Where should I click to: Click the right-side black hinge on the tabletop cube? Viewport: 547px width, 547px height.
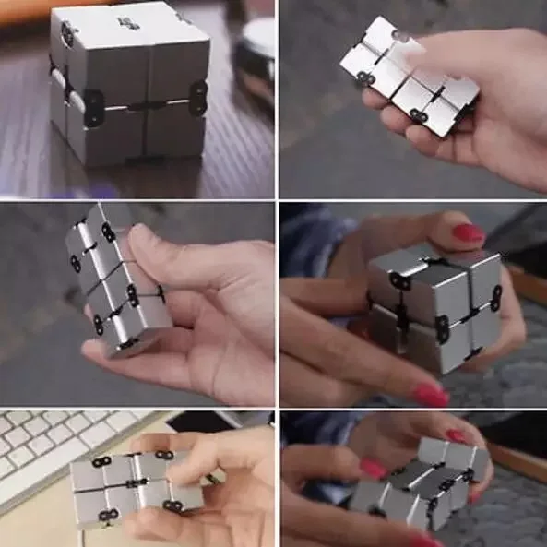(197, 98)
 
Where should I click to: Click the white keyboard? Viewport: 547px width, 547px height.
(46, 452)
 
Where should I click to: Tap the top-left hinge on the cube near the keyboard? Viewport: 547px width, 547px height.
(101, 461)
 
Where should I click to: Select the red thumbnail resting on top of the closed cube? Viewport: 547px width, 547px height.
(468, 232)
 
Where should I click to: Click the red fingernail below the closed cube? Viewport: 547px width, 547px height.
(430, 395)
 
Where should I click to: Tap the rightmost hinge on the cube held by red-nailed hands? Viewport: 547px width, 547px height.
(495, 297)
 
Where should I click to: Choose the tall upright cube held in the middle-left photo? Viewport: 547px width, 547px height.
(115, 277)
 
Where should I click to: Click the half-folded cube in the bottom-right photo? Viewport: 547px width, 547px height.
(420, 484)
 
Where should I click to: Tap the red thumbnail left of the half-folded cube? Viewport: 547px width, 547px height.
(373, 469)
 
